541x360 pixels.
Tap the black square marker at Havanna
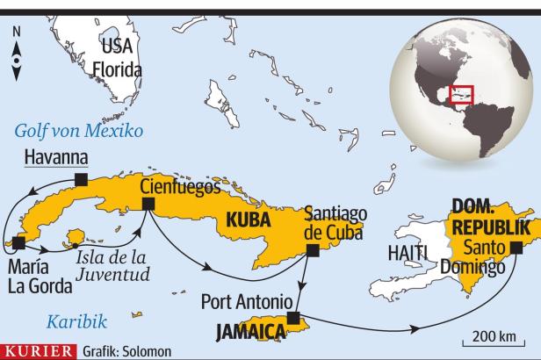click(82, 179)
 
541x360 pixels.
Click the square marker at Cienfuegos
click(148, 204)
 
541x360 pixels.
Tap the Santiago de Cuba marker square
click(312, 250)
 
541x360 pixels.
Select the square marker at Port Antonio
click(292, 317)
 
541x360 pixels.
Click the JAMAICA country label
click(252, 331)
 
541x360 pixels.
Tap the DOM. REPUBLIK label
click(490, 218)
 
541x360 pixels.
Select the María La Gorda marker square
click(12, 239)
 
